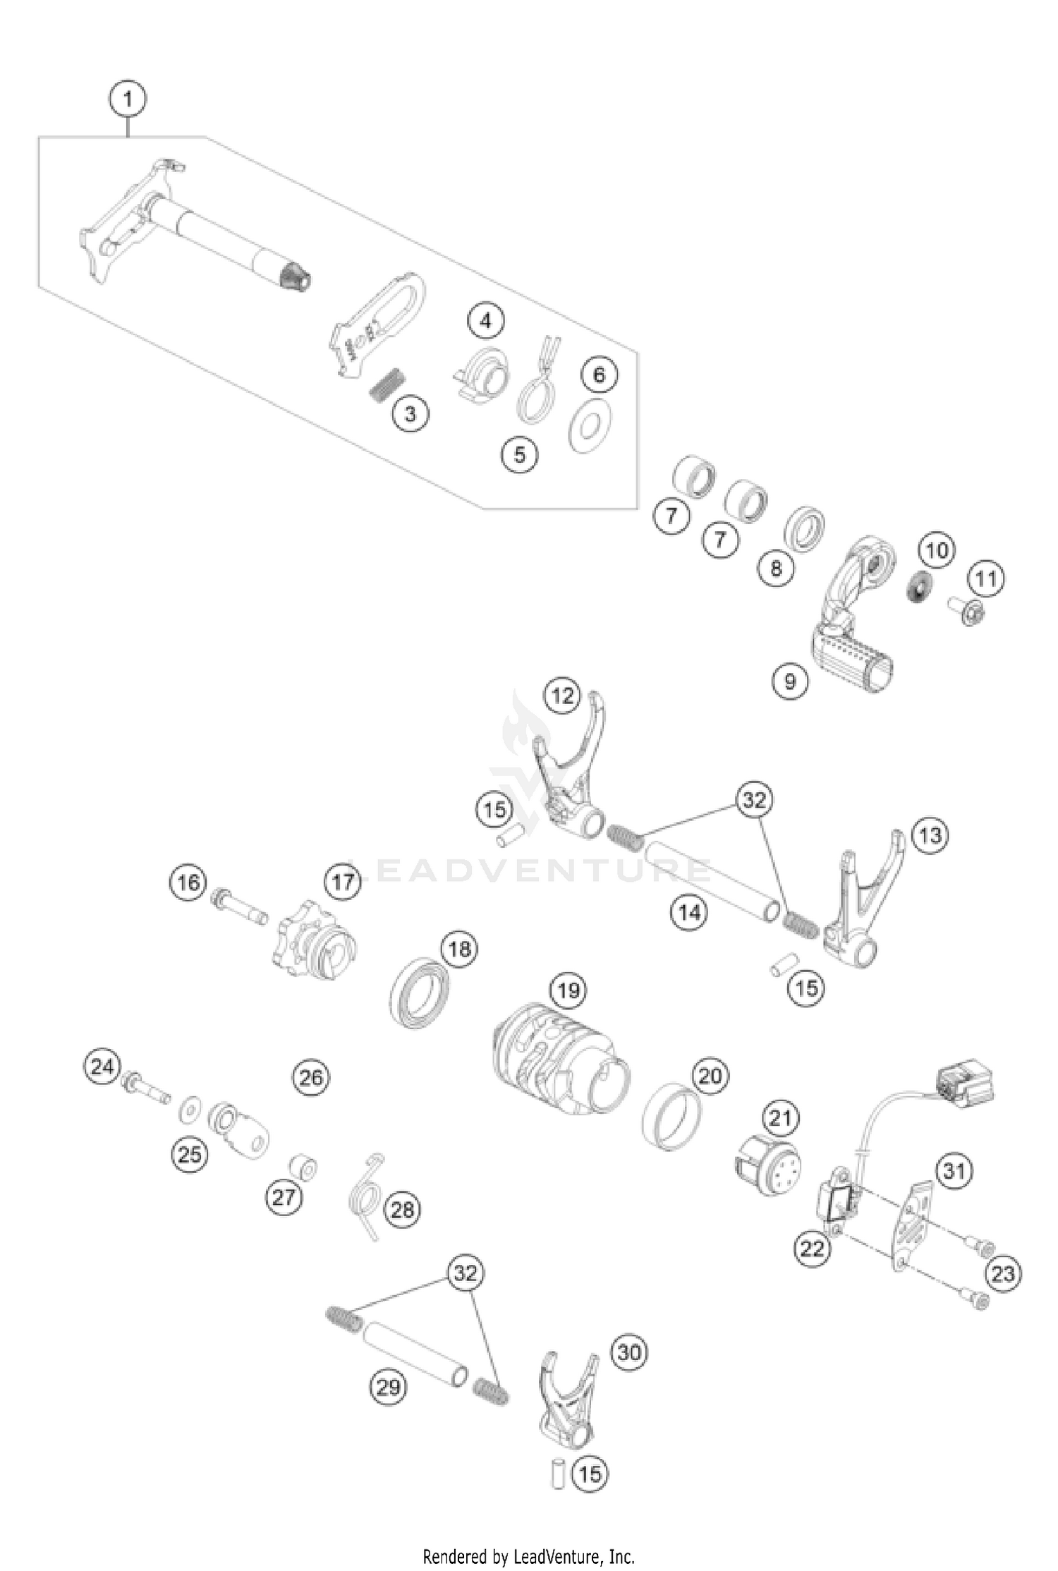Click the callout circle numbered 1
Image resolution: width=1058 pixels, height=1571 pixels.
point(128,99)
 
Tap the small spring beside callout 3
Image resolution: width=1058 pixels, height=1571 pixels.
point(387,385)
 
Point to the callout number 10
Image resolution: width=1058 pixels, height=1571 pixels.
point(937,550)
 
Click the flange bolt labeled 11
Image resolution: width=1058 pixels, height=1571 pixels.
point(970,612)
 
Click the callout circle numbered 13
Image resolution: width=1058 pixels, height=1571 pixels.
point(930,835)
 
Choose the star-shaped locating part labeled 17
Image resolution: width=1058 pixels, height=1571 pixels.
point(313,938)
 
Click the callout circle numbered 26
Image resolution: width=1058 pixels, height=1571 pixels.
point(310,1077)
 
